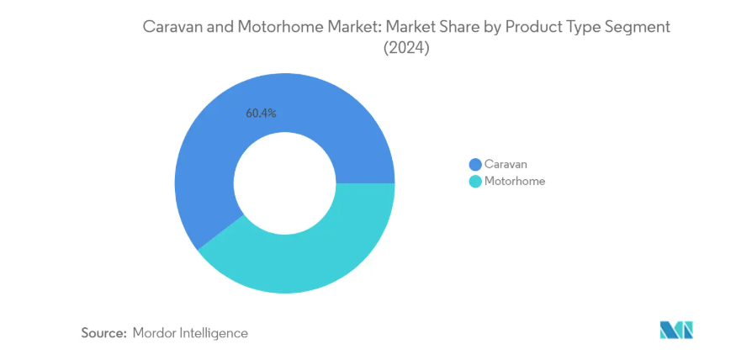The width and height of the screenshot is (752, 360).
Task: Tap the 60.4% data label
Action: pos(261,113)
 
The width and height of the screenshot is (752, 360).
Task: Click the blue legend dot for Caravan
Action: pos(475,164)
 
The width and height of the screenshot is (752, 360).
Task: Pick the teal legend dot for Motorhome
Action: pos(475,181)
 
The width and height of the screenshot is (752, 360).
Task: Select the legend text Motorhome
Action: pos(515,181)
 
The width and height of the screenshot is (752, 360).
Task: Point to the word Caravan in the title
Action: pos(172,27)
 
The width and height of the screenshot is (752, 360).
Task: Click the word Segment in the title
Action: pos(641,27)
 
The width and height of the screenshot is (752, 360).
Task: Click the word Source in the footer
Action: pos(103,333)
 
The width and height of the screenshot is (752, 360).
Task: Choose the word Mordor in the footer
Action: pos(156,333)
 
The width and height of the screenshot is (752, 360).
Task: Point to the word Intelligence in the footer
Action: pos(214,333)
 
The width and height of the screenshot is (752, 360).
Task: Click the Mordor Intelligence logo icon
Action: pos(675,330)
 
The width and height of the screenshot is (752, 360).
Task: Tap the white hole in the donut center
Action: pos(284,183)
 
